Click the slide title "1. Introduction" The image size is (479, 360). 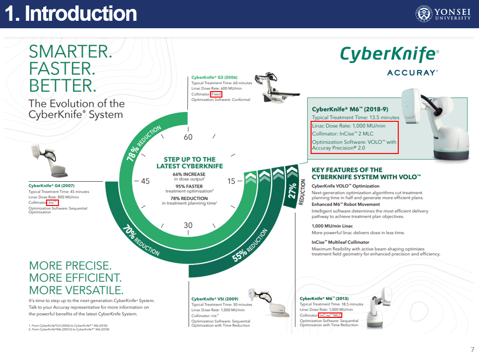pos(71,14)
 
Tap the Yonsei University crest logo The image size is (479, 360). pos(423,13)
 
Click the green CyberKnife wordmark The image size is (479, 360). pos(389,54)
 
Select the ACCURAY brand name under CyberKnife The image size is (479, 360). pos(412,73)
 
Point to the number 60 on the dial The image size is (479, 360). pos(188,137)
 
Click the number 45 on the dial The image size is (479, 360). pos(145,181)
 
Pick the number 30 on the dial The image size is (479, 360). pos(188,225)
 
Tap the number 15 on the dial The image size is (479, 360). pos(231,181)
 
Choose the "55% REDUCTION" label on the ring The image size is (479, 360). pos(250,245)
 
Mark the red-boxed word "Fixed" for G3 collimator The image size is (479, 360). pos(216,94)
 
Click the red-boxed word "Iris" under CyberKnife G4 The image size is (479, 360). pos(52,203)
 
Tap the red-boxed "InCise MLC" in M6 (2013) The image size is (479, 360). pos(330,315)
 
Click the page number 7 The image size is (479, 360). pos(472,350)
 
